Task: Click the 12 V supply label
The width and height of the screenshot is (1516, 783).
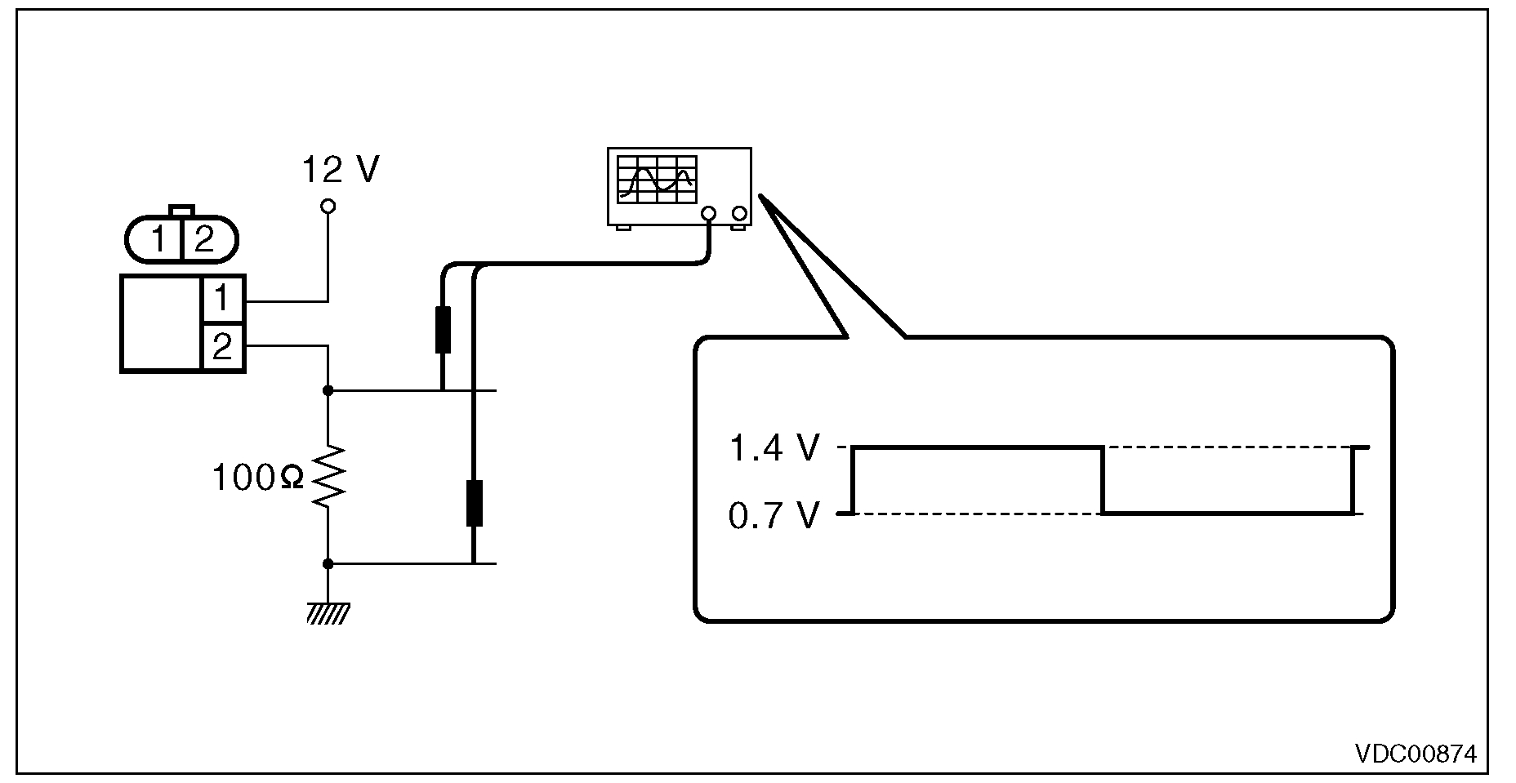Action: tap(340, 170)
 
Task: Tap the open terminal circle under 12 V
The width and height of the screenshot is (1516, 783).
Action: tap(328, 207)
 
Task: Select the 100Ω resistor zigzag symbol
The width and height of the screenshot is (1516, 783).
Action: tap(328, 478)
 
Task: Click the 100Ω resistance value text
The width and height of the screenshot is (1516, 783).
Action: tap(257, 478)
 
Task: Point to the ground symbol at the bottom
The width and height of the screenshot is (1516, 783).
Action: tap(328, 612)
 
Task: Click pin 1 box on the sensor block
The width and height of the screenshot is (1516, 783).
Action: tap(222, 299)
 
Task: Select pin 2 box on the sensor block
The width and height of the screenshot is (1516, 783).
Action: tap(222, 347)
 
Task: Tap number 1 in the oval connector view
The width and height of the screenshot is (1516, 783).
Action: tap(159, 240)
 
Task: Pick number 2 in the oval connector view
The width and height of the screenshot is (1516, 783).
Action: tap(204, 240)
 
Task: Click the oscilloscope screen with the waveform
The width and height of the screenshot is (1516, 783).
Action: tap(658, 179)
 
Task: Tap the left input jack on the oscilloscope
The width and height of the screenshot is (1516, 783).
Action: tap(708, 215)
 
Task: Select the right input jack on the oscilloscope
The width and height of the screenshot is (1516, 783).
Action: tap(739, 215)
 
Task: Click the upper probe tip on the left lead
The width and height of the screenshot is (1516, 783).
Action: tap(443, 329)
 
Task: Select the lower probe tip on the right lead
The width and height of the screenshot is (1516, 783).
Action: tap(474, 503)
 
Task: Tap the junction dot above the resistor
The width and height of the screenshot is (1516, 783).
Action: tap(328, 390)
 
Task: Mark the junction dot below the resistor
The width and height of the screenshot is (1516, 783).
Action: tap(328, 563)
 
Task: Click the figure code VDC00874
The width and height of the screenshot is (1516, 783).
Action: tap(1416, 752)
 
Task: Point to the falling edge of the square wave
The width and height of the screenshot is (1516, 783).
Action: tap(1103, 480)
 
